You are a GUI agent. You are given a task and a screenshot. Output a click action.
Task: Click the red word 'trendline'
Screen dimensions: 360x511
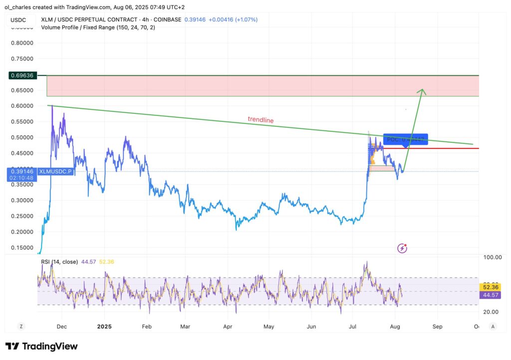[260, 120]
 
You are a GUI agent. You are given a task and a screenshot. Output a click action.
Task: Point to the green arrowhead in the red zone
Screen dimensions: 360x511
[422, 91]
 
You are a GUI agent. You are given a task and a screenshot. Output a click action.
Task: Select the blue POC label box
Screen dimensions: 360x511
[405, 140]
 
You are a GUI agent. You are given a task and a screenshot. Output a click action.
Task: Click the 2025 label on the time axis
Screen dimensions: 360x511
[105, 327]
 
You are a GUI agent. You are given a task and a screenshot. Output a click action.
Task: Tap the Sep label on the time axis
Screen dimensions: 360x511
[437, 327]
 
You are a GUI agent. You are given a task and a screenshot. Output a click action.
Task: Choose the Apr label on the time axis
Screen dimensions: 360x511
[228, 327]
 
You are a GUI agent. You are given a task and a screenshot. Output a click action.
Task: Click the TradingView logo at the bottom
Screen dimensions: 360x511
[42, 346]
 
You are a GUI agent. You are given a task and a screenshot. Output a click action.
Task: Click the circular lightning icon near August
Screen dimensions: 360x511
[402, 248]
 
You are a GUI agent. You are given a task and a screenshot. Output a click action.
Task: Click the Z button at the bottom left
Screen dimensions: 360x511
[21, 326]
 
